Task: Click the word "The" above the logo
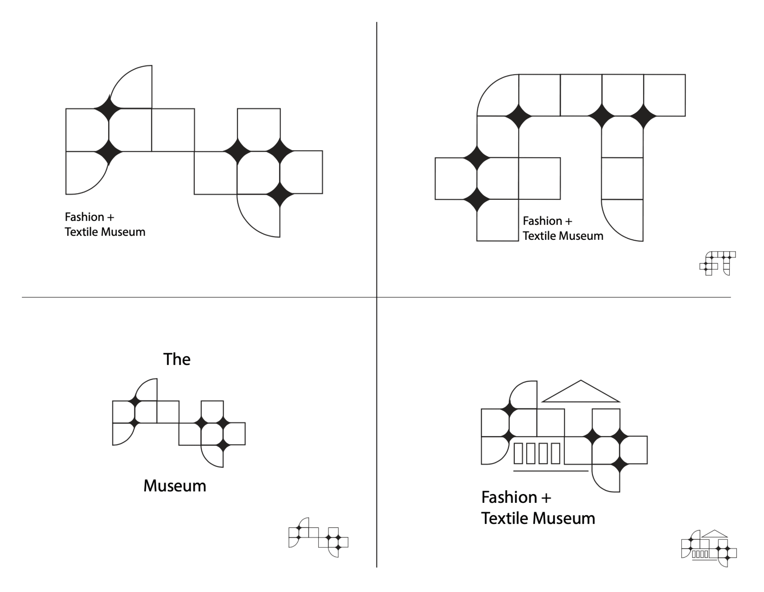(x=177, y=359)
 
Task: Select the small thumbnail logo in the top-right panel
(x=717, y=263)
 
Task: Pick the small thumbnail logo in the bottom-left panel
(x=318, y=537)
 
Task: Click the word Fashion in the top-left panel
(x=84, y=217)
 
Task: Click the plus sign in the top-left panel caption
(x=111, y=217)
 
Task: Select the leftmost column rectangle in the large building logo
(x=518, y=453)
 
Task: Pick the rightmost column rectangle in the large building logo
(x=555, y=453)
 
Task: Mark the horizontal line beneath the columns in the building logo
(x=551, y=471)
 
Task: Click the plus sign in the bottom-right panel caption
(x=546, y=498)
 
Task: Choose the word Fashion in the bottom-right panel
(x=509, y=497)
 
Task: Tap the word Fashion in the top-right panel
(x=542, y=221)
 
